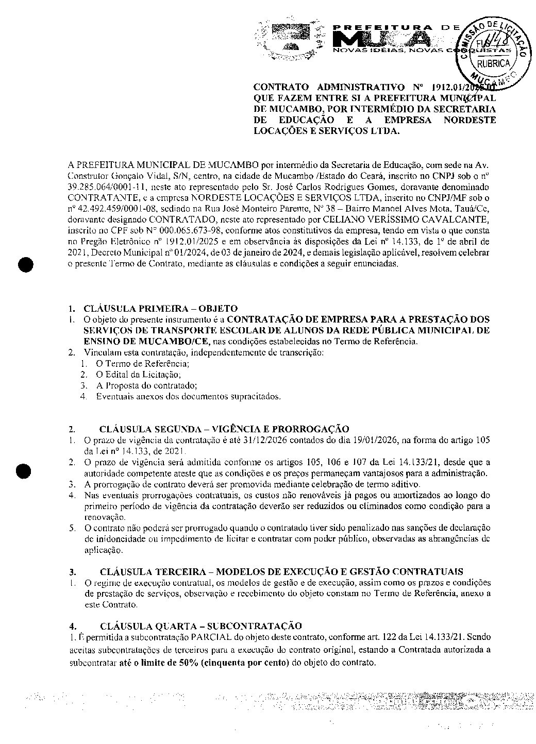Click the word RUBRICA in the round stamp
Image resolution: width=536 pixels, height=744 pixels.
click(493, 63)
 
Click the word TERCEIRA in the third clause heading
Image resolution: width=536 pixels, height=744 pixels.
click(182, 571)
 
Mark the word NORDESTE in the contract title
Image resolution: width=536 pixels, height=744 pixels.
click(469, 121)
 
